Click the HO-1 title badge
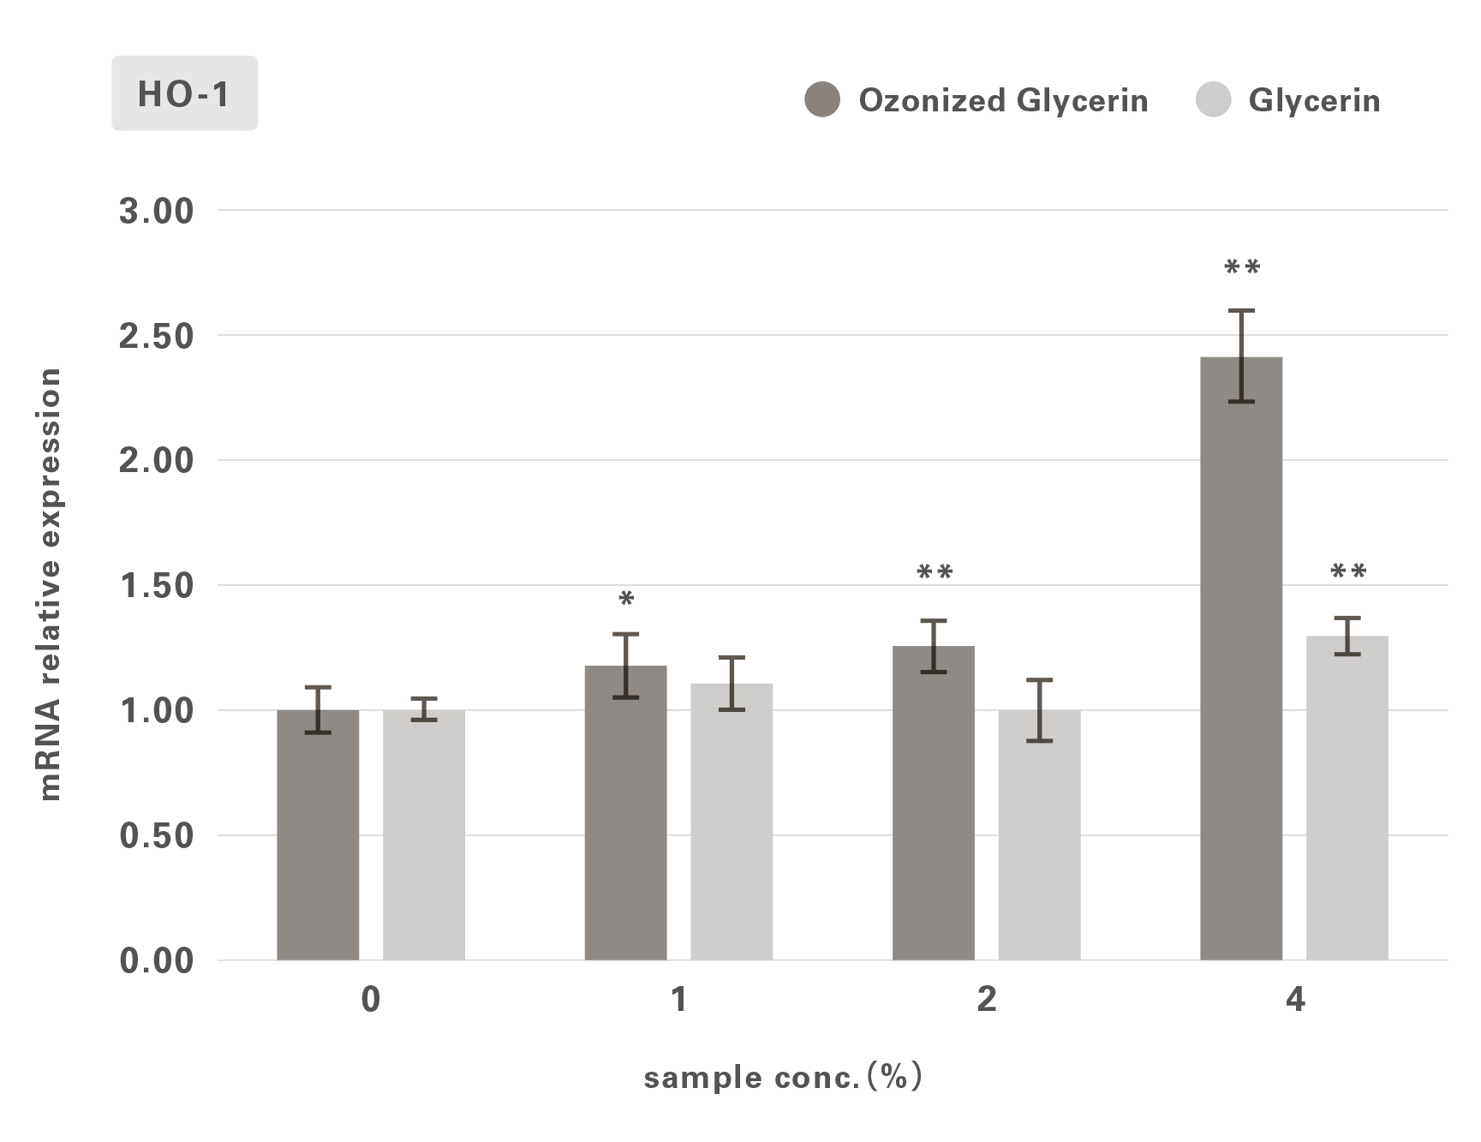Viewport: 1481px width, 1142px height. pos(184,93)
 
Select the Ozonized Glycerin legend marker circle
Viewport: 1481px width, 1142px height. pos(822,100)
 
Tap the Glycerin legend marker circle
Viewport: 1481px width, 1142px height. pos(1213,100)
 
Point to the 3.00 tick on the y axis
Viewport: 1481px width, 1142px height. pos(157,211)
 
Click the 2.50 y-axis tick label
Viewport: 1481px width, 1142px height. pos(157,336)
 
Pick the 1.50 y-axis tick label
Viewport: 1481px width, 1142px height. pos(157,586)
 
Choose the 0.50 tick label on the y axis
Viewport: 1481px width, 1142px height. pos(157,836)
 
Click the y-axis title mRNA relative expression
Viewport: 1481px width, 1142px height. pos(50,584)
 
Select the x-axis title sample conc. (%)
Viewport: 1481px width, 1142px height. pos(783,1077)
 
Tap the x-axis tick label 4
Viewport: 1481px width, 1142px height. pos(1294,1000)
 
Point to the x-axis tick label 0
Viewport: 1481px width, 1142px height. pos(370,1000)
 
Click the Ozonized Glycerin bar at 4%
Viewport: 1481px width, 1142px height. pos(1241,660)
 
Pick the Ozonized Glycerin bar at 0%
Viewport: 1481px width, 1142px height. pos(318,835)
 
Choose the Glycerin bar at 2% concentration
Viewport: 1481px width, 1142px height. pos(1039,835)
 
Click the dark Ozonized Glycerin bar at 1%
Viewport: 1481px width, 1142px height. pos(625,814)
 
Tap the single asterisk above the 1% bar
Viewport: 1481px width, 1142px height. pos(626,600)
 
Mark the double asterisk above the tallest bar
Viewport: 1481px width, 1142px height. pos(1242,268)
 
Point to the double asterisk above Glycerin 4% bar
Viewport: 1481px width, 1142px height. pos(1348,572)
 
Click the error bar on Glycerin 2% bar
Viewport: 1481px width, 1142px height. pos(1039,710)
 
